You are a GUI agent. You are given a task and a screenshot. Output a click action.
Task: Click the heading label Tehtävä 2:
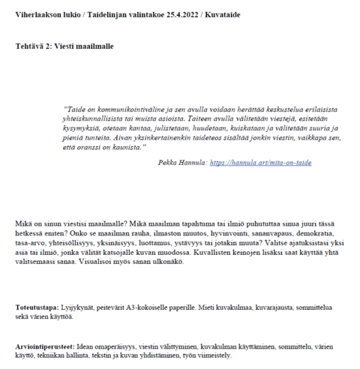pyautogui.click(x=33, y=46)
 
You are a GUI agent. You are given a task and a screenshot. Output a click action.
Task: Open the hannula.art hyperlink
pyautogui.click(x=260, y=162)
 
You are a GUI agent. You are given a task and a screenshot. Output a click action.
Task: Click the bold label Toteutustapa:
pyautogui.click(x=36, y=307)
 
